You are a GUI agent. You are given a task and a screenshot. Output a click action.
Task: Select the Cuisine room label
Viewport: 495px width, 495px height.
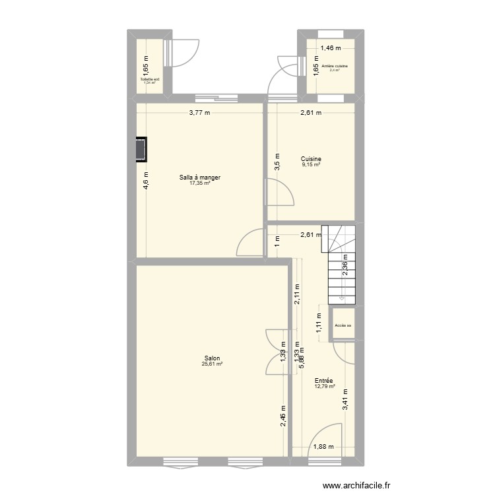point(311,159)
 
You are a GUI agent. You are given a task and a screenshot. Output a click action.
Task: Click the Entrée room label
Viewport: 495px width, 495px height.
point(323,381)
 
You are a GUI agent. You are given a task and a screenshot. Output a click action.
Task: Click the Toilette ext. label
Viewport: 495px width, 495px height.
point(150,79)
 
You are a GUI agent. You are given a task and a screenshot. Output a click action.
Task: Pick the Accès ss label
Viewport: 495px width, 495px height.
point(343,325)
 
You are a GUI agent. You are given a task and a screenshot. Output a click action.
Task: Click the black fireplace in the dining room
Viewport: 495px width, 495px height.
point(141,149)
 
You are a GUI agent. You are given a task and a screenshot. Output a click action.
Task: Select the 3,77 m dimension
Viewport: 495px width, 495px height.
point(199,113)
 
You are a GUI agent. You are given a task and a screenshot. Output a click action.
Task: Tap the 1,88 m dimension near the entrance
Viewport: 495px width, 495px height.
point(323,447)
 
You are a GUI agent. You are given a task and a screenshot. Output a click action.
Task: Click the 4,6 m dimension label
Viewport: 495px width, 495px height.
point(146,180)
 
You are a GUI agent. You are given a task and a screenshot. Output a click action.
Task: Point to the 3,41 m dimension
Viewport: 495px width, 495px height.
point(345,401)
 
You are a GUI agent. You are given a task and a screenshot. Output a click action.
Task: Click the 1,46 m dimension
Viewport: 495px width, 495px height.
point(331,48)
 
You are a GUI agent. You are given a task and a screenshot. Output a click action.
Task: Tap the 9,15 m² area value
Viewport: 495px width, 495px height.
point(311,165)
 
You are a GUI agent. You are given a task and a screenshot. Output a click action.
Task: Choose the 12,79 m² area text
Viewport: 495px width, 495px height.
point(323,387)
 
